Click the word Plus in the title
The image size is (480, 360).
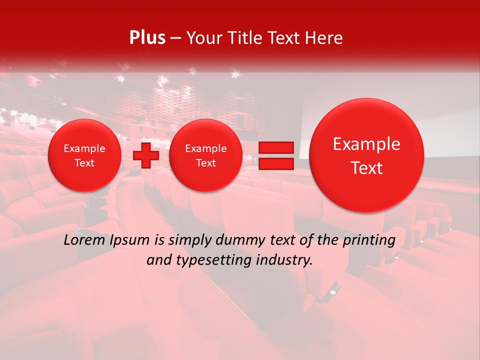(147, 38)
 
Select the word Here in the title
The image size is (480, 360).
(324, 38)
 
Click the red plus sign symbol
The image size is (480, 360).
(145, 155)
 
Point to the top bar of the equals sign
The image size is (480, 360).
(275, 147)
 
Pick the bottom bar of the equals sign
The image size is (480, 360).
(275, 164)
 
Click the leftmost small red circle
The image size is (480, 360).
(84, 155)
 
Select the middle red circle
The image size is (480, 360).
(205, 155)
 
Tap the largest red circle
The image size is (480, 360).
(366, 155)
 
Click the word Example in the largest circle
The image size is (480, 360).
(366, 144)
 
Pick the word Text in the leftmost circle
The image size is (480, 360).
(84, 163)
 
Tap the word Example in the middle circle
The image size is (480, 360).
(205, 148)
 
